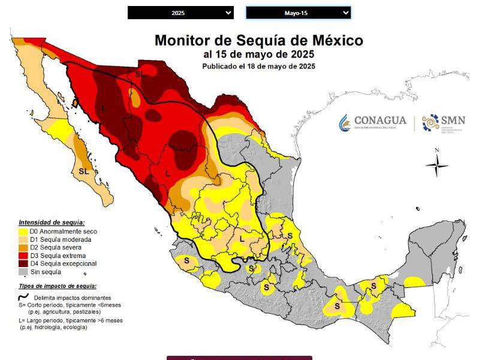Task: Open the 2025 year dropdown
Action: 180,13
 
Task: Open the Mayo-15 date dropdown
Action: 298,13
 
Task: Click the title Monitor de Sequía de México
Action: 258,41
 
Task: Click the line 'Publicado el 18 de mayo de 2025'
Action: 258,66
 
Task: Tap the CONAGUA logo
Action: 372,122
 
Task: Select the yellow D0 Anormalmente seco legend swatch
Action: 23,232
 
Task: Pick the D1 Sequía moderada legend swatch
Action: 23,239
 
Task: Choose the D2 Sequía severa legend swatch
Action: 23,247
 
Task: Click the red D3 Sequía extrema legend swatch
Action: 23,255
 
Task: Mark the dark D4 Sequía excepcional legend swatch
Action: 23,263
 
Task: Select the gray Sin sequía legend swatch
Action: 23,271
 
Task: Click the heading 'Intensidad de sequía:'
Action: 52,222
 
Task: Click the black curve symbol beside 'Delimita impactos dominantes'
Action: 24,297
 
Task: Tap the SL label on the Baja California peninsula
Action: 84,171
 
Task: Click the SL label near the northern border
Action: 140,74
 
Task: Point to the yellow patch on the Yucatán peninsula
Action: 414,281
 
